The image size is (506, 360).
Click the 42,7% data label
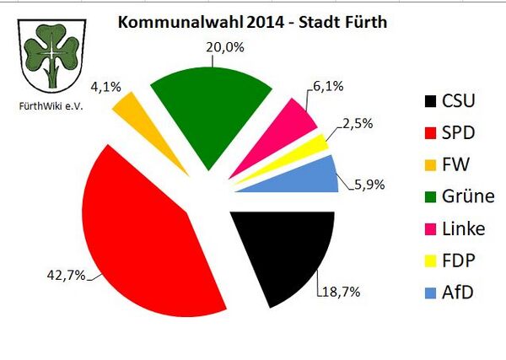(x=66, y=276)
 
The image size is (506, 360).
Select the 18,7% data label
(x=339, y=292)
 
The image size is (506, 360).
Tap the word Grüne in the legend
(x=470, y=196)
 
